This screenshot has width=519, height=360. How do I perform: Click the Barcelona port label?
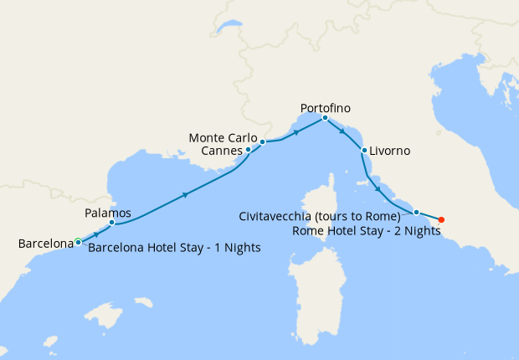point(45,244)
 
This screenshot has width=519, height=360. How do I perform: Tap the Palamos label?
point(108,212)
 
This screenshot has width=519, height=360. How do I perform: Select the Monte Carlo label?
point(222,137)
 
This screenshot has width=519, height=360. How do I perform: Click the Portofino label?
point(325,108)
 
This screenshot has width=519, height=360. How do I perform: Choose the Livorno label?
point(391,151)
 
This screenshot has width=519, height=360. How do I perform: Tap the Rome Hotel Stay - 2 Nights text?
point(367,230)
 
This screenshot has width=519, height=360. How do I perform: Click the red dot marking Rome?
point(441,220)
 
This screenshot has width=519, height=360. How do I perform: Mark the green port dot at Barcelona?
point(78,241)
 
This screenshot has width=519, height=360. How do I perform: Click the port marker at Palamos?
point(111,223)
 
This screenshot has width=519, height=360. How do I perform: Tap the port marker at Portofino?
point(325,117)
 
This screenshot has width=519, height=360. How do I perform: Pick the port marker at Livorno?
point(364,151)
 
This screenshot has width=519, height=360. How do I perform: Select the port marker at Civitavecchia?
point(416,213)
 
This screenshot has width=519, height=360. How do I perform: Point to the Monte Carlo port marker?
point(262,141)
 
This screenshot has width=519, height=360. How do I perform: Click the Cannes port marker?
point(248,150)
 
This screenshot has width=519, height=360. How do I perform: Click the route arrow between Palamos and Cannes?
point(185,194)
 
